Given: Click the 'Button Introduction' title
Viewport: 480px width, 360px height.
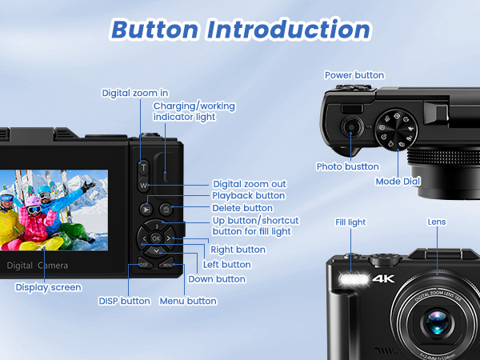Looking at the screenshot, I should click(240, 30).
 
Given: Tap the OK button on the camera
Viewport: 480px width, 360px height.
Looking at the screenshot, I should click(156, 238).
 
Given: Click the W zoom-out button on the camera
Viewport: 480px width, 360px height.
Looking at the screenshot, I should click(144, 186).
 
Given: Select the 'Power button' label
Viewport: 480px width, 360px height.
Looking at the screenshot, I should click(354, 75).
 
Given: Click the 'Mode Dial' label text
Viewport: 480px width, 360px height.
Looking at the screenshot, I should click(398, 182).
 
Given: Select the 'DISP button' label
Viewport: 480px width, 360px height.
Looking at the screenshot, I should click(124, 301).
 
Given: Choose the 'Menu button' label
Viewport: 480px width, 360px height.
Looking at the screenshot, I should click(188, 301).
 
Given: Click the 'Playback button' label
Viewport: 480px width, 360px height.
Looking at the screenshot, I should click(248, 195).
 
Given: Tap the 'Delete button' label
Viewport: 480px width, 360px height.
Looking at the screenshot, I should click(242, 208).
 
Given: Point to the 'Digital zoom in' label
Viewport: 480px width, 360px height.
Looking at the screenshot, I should click(135, 93).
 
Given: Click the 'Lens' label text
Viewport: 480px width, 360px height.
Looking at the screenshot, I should click(437, 222).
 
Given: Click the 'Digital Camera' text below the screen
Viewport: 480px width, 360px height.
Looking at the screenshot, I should click(37, 265).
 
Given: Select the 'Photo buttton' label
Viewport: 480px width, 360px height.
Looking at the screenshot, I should click(346, 166).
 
